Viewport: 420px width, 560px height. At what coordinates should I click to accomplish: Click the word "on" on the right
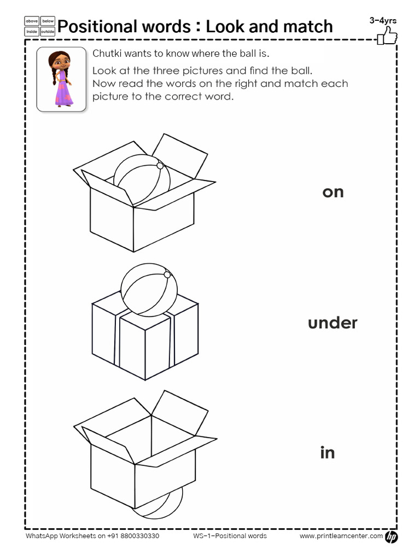click(x=332, y=192)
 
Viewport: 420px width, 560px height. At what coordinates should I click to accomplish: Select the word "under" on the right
click(x=332, y=323)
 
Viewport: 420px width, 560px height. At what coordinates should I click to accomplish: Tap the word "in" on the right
click(x=327, y=453)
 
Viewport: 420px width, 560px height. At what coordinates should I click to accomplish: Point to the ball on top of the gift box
click(x=149, y=290)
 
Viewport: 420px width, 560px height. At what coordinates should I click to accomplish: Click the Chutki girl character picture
click(x=61, y=79)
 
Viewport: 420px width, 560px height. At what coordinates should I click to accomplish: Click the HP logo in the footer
click(x=392, y=537)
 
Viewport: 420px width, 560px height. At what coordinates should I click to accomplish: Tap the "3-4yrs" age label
click(x=383, y=21)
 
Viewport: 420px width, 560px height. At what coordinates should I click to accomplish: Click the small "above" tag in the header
click(x=32, y=21)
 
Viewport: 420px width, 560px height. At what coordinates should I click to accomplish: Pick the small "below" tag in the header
click(x=48, y=21)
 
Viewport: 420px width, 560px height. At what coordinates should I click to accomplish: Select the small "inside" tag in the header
click(x=32, y=32)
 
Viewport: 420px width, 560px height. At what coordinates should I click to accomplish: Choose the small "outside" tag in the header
click(x=48, y=32)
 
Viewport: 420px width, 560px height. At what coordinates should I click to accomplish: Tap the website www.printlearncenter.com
click(x=341, y=536)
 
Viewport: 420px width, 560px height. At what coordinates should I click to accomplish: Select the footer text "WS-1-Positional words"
click(x=230, y=536)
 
